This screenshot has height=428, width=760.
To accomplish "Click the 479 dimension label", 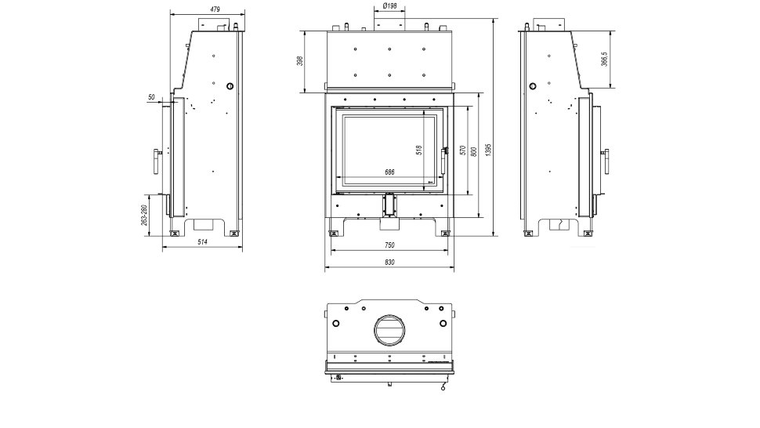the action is tap(215, 9).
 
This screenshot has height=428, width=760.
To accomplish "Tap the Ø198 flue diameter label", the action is tap(389, 5).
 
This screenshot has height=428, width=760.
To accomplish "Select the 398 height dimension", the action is tap(299, 61).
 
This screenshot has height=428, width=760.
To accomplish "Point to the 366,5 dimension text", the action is tap(604, 59).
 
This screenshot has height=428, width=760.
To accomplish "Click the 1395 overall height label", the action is tap(489, 149).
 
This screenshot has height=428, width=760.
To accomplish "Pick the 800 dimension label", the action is tap(474, 151).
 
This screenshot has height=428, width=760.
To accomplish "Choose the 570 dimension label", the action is tap(462, 151).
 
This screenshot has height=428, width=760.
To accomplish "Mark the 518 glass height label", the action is tap(419, 151).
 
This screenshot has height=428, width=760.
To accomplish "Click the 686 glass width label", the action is tap(389, 172).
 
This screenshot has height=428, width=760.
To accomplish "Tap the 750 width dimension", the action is tap(389, 245).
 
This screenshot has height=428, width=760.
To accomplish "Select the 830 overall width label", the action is tap(389, 263).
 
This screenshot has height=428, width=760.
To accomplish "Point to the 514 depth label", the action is tap(203, 241).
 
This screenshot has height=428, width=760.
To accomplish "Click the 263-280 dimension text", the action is tap(143, 216).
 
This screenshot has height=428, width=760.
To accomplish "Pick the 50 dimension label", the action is tap(152, 97).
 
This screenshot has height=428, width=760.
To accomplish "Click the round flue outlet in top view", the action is tap(389, 331).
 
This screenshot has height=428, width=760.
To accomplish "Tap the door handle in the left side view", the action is tap(157, 161).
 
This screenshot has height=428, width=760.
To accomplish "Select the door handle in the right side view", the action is tap(606, 161).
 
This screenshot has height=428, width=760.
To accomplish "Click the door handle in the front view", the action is tap(444, 160).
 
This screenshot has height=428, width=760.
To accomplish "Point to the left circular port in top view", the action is tap(336, 323).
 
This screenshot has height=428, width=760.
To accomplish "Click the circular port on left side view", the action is tap(230, 86).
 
